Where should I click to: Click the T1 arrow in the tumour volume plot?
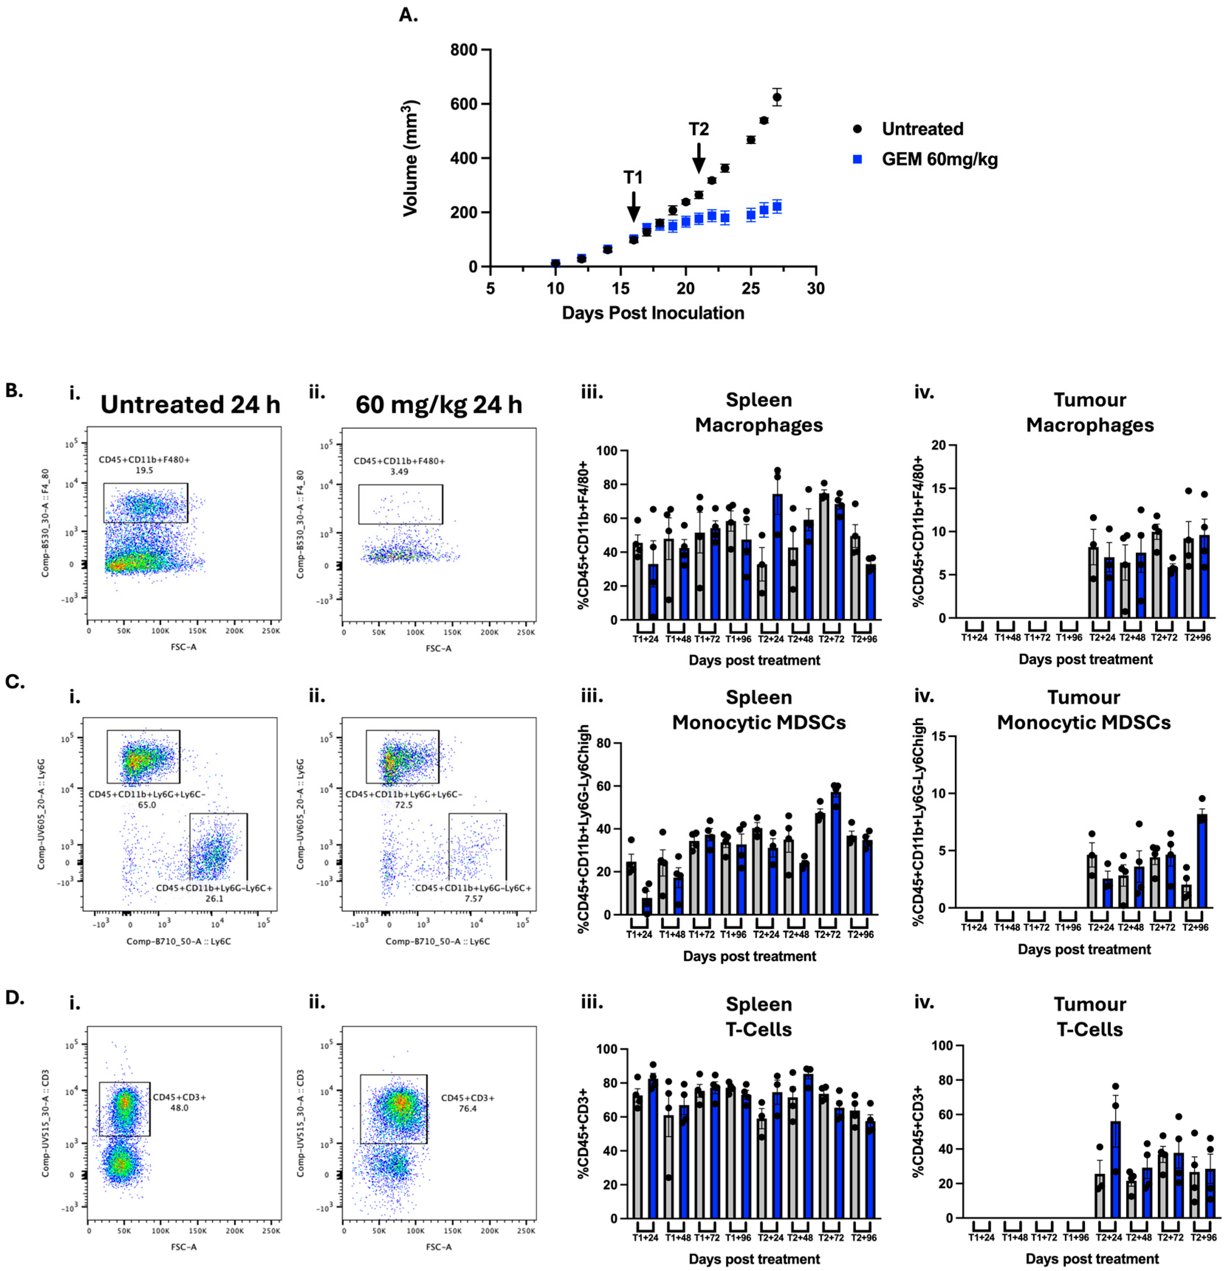click(x=633, y=206)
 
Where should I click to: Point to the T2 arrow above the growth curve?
click(x=698, y=158)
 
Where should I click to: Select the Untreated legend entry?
click(x=922, y=129)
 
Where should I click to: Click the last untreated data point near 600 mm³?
click(x=776, y=97)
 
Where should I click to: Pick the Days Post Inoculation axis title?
click(x=652, y=313)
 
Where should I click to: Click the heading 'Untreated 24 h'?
click(x=190, y=404)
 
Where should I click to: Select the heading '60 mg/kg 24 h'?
click(x=439, y=404)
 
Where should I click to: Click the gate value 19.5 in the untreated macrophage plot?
click(x=144, y=470)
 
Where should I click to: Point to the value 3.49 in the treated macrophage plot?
click(x=399, y=471)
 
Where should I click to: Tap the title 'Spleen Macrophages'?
click(x=759, y=413)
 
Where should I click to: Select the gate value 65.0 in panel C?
click(x=147, y=805)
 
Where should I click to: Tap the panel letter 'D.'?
click(x=14, y=997)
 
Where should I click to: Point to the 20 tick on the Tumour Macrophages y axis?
click(x=938, y=445)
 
